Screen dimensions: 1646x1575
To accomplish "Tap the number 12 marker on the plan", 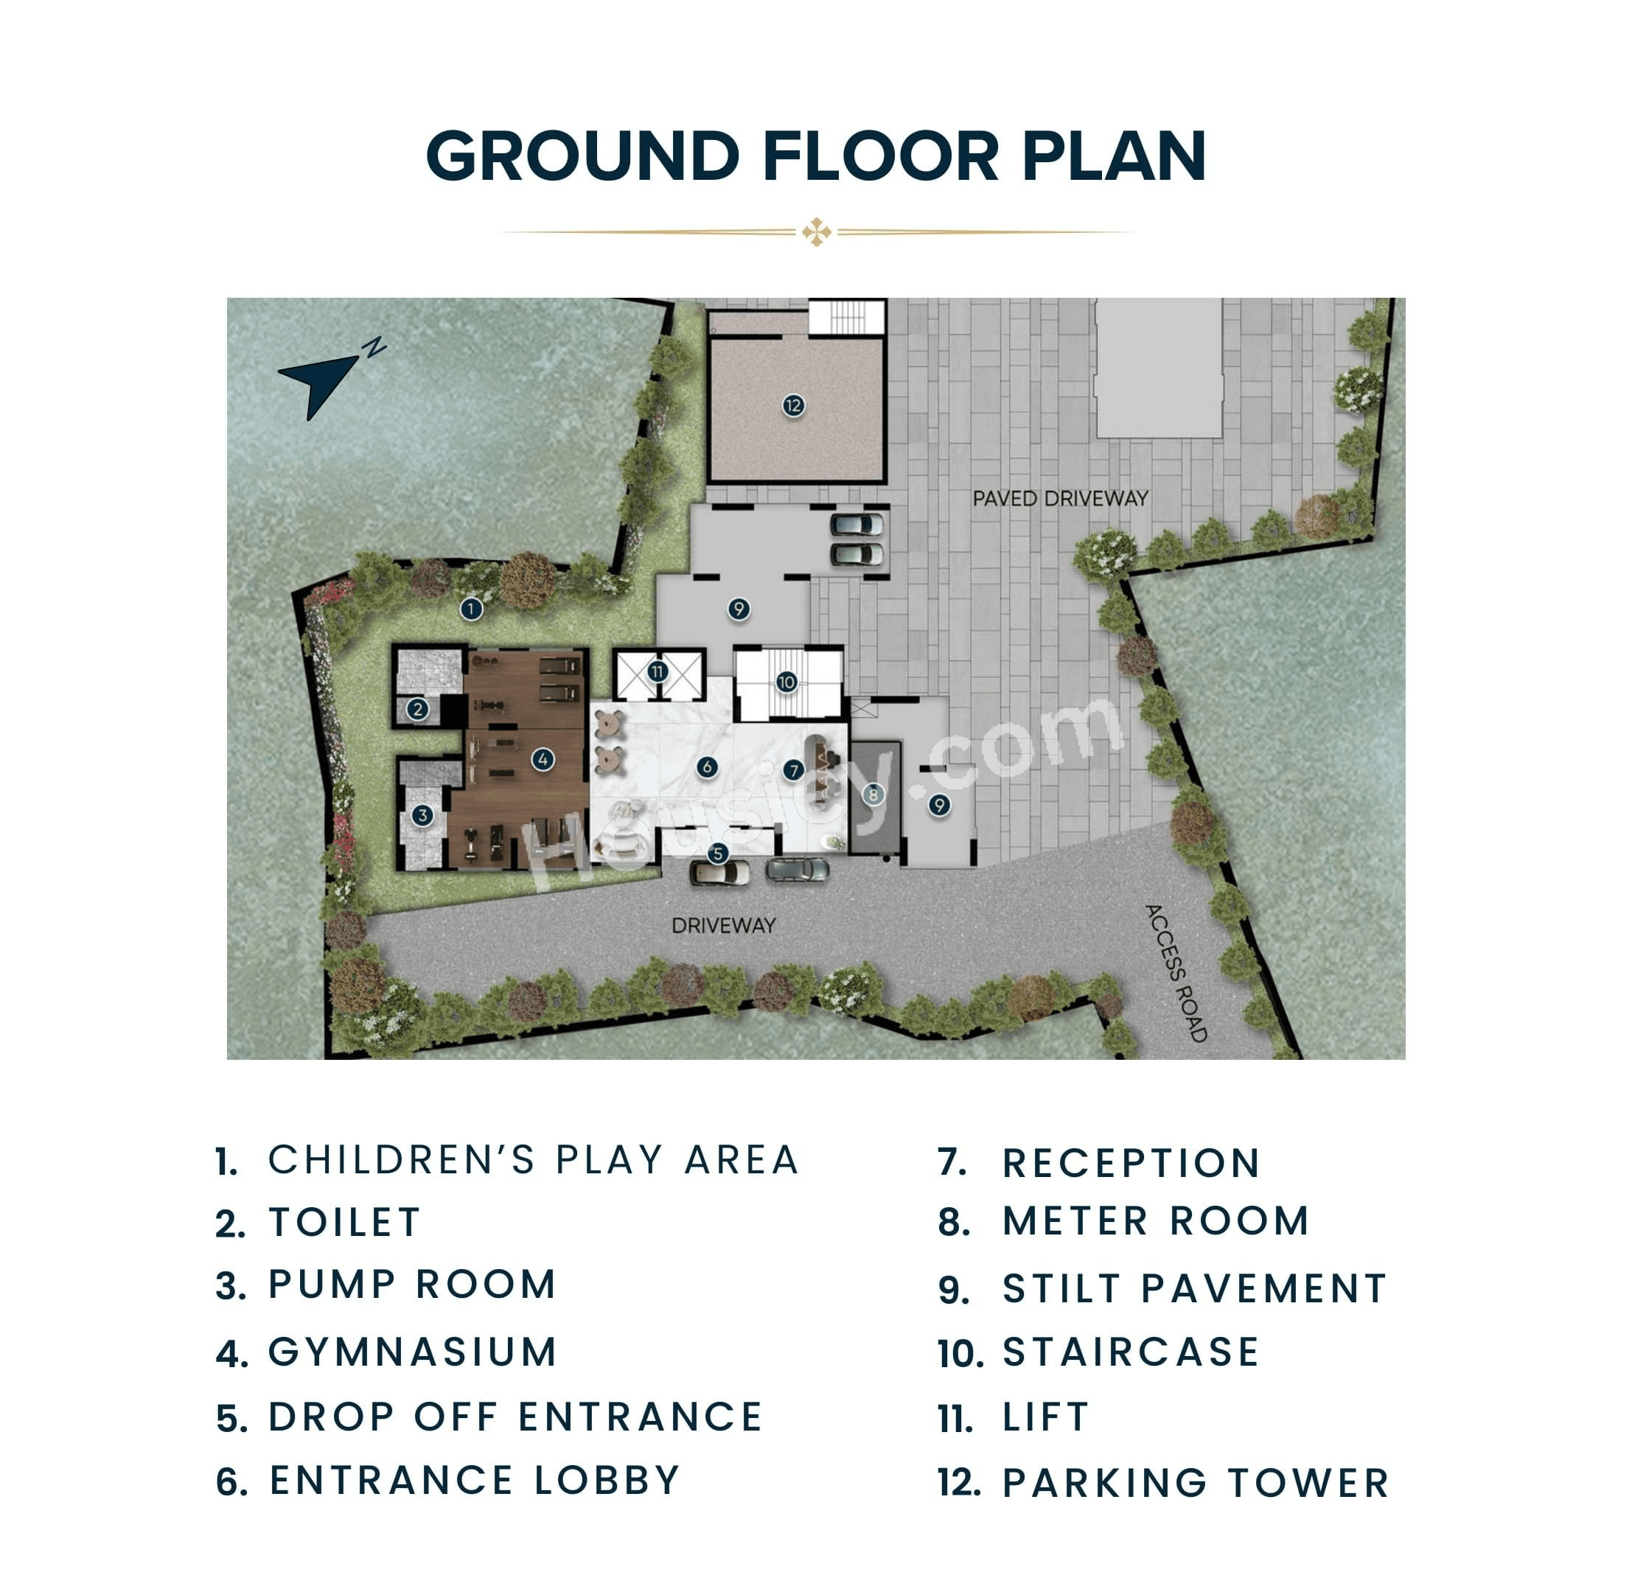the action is click(794, 406).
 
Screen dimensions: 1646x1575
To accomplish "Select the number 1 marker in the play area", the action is click(472, 609).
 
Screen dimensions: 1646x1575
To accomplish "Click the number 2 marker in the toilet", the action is click(418, 710).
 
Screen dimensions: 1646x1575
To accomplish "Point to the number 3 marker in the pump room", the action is click(422, 815).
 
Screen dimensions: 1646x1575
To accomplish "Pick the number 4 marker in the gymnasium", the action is click(543, 760).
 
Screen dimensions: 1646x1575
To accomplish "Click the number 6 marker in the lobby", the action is click(707, 766).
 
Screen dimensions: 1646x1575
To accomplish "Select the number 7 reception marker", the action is click(794, 770).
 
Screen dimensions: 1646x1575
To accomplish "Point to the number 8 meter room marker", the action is click(873, 795).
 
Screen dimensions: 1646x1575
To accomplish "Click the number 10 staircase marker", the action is click(787, 682).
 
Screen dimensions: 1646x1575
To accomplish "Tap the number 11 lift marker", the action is click(658, 671).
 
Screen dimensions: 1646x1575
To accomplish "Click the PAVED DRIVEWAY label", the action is click(1061, 499).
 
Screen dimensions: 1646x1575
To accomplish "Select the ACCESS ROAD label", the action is click(1176, 973).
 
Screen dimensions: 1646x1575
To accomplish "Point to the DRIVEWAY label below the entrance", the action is click(724, 925).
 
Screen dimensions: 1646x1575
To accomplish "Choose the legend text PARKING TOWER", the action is click(1196, 1484).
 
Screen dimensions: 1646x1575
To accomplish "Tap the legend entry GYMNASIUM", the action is click(414, 1352).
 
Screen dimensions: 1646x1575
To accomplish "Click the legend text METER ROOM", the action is click(1157, 1221).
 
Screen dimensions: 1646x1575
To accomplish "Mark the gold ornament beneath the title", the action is click(816, 231).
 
